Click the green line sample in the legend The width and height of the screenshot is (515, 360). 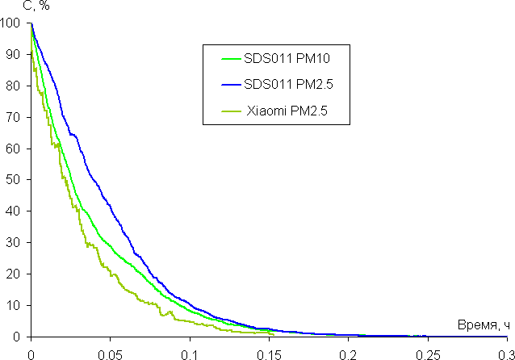pyautogui.click(x=231, y=58)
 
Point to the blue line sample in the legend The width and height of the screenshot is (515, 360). pyautogui.click(x=231, y=85)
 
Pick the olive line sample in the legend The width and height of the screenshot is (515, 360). pyautogui.click(x=231, y=111)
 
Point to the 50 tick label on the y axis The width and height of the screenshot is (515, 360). pyautogui.click(x=13, y=180)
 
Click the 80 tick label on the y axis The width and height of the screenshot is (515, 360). pyautogui.click(x=13, y=86)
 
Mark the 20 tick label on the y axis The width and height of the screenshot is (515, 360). pyautogui.click(x=13, y=274)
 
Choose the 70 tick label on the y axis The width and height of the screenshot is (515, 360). pyautogui.click(x=13, y=117)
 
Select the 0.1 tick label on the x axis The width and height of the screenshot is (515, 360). pyautogui.click(x=190, y=353)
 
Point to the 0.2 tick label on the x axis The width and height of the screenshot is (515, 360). pyautogui.click(x=348, y=353)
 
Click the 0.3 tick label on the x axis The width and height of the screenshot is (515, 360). pyautogui.click(x=505, y=353)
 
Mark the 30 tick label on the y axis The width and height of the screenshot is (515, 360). pyautogui.click(x=13, y=243)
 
